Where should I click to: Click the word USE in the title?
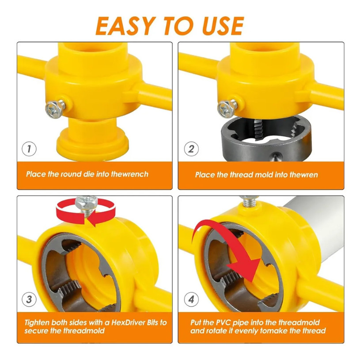[x=223, y=26]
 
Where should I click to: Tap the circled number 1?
[x=29, y=149]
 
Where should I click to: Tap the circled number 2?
[x=191, y=149]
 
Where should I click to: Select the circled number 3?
[x=29, y=299]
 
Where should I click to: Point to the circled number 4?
[x=191, y=299]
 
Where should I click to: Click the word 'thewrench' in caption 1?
[x=130, y=174]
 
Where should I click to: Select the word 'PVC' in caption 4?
[x=224, y=322]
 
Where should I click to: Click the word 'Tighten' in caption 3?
[x=37, y=323]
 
